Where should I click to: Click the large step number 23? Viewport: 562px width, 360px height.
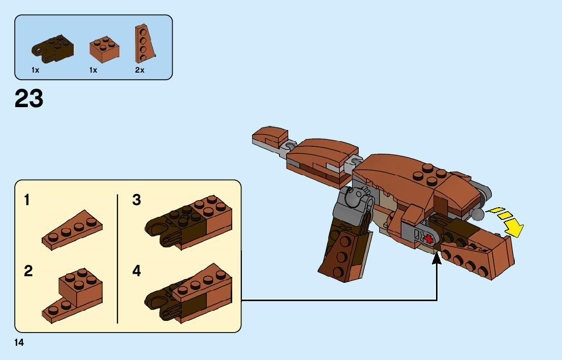(29, 99)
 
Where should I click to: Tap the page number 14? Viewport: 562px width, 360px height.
(19, 343)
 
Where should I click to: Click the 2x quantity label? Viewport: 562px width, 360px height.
(140, 71)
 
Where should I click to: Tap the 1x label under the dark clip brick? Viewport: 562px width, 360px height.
(35, 71)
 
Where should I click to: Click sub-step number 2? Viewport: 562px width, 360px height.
(28, 271)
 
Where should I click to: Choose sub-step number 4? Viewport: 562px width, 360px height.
(136, 271)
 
